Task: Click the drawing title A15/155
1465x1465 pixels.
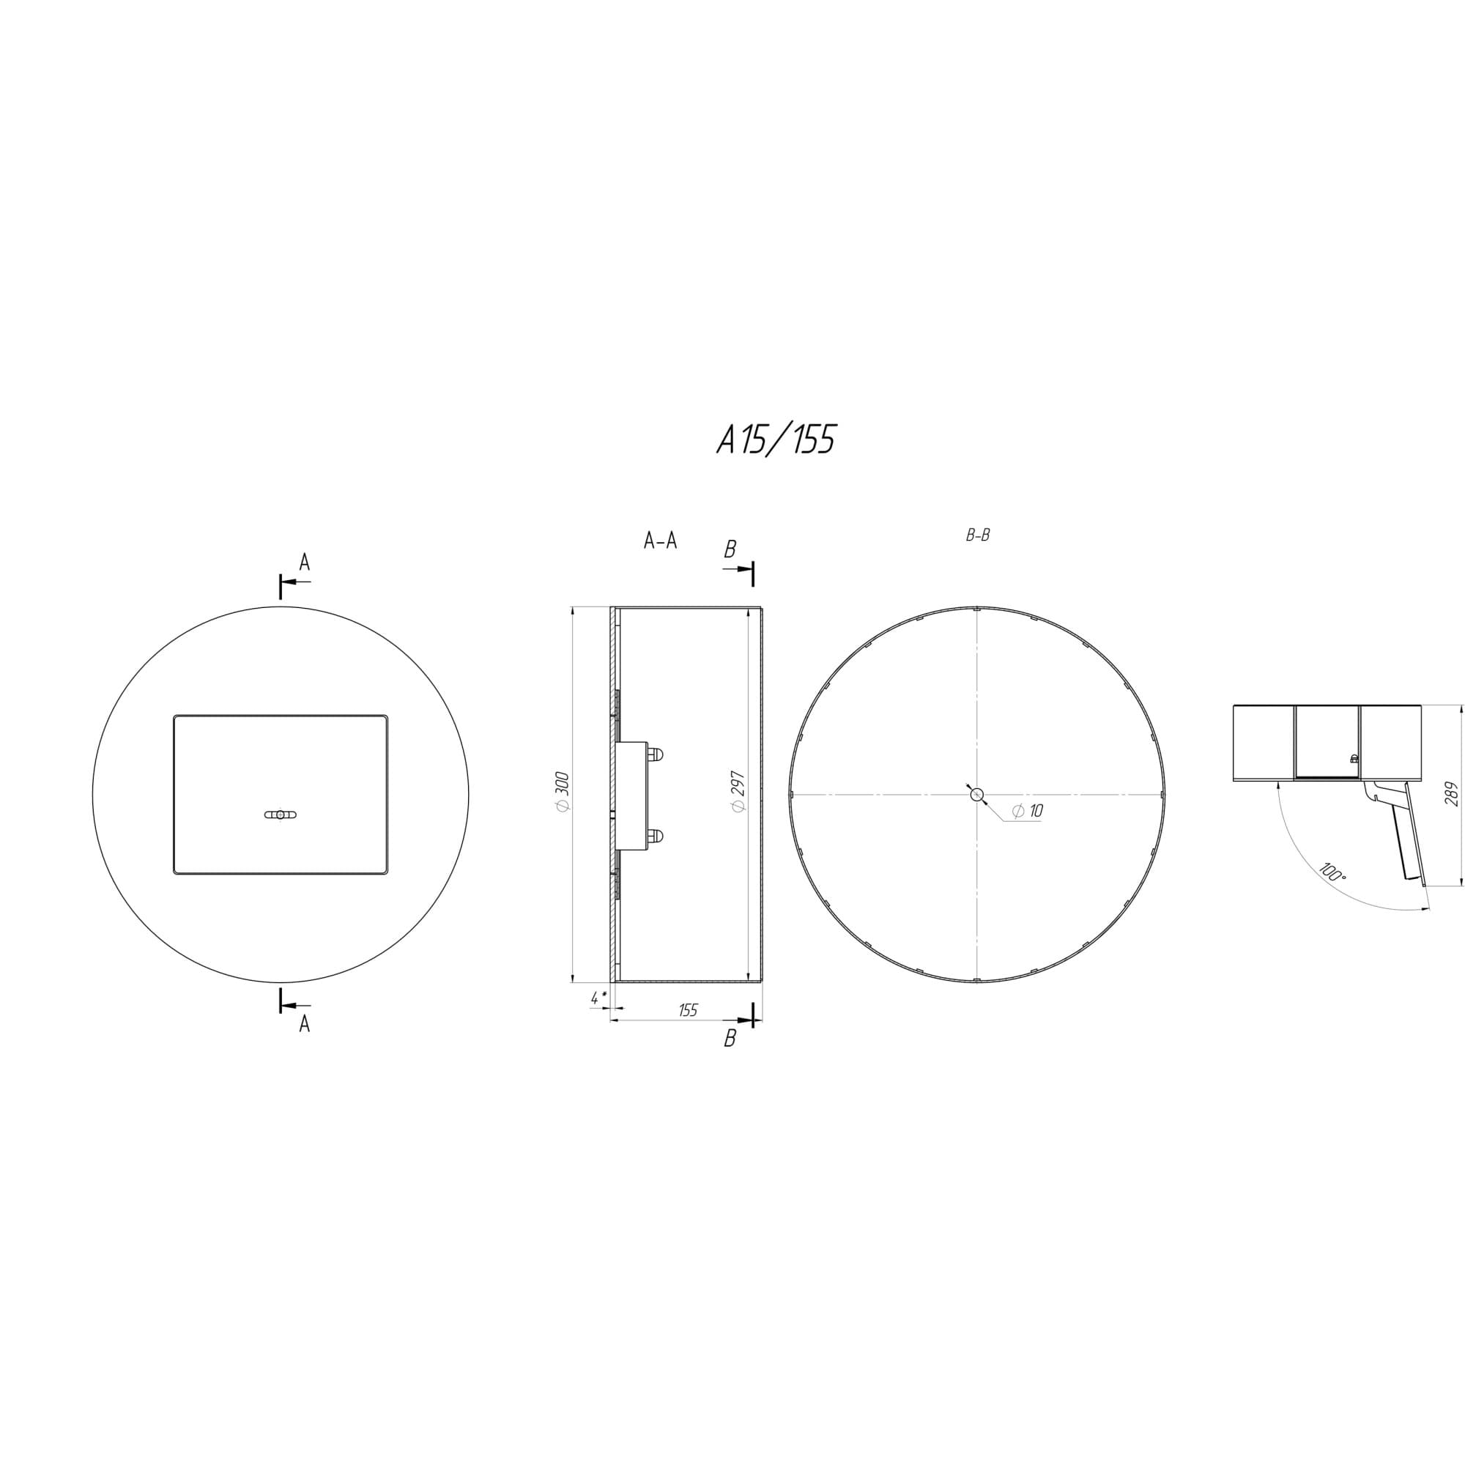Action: tap(776, 439)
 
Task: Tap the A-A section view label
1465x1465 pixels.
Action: tap(660, 541)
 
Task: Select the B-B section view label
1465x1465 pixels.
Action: tap(977, 535)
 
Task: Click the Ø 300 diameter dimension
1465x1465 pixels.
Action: tap(562, 793)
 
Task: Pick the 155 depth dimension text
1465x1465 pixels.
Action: tap(688, 1010)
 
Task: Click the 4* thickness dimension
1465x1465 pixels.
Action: tap(598, 998)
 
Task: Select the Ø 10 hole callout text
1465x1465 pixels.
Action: tap(1028, 811)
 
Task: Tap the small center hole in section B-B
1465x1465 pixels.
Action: tap(976, 794)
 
